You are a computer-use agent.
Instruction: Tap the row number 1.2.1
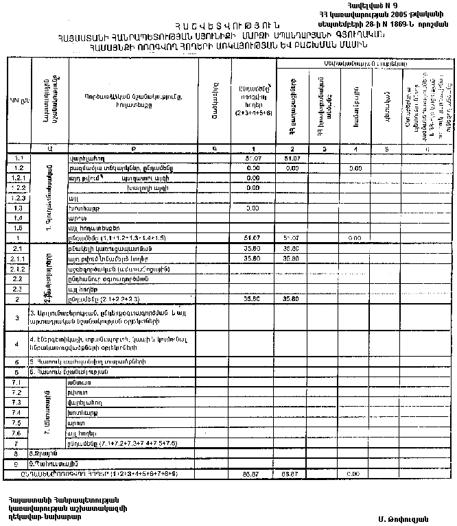(19, 178)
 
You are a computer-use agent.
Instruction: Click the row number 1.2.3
(19, 198)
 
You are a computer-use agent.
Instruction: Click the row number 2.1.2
(19, 269)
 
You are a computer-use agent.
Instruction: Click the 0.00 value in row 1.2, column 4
(355, 168)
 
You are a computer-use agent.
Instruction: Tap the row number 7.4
(19, 412)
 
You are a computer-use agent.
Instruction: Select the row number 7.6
(19, 433)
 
